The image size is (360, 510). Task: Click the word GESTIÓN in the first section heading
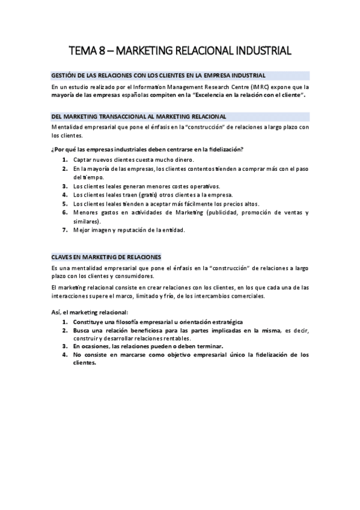coord(64,75)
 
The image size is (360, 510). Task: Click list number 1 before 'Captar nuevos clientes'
coord(64,160)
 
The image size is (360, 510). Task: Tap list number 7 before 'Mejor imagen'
coord(64,230)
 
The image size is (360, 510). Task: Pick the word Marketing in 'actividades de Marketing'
coord(186,212)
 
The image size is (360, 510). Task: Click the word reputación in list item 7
coord(134,230)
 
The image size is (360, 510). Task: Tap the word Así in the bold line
coord(56,313)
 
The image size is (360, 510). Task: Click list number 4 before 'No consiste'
coord(64,355)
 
